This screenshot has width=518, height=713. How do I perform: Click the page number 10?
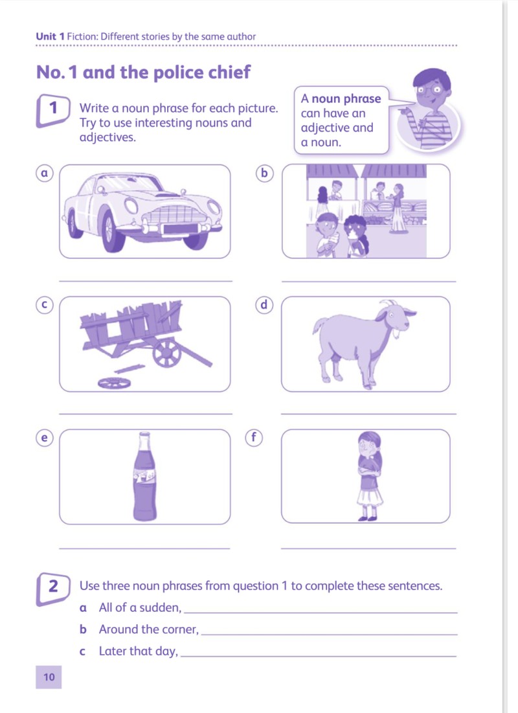(x=49, y=677)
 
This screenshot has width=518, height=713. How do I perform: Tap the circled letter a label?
(x=45, y=174)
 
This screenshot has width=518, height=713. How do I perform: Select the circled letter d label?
(x=264, y=304)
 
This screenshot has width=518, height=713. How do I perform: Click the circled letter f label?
(x=254, y=437)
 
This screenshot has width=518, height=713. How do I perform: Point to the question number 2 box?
(x=52, y=590)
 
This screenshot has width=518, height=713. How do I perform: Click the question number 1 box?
(x=52, y=110)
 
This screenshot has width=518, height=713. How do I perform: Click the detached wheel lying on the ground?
(x=114, y=383)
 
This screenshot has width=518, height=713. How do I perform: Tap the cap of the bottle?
(x=144, y=435)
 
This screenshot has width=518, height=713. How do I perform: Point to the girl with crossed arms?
(x=369, y=476)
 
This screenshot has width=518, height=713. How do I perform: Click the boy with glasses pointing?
(x=429, y=109)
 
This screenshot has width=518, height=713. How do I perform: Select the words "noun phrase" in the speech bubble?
(x=346, y=98)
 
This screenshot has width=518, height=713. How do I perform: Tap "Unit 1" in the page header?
(x=51, y=36)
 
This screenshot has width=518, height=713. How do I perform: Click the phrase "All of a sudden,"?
(x=140, y=607)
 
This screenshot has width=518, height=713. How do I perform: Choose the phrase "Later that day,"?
(x=139, y=651)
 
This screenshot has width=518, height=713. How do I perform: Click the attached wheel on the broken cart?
(x=167, y=353)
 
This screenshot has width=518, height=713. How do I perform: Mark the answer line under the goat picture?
(x=368, y=414)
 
